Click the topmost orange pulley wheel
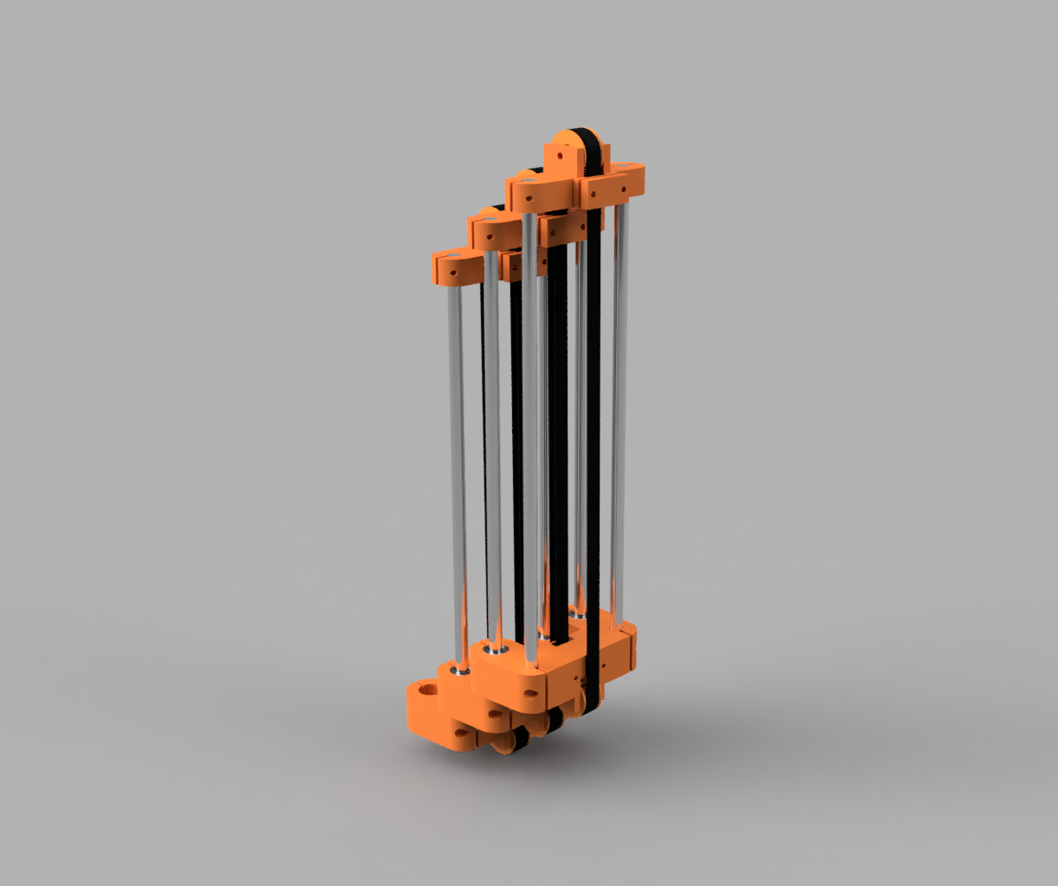570,142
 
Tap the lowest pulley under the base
516,742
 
